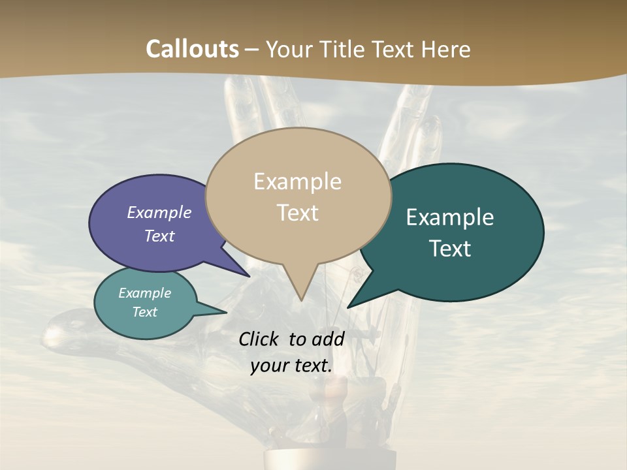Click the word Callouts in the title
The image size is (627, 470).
point(193,49)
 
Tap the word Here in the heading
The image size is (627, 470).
point(445,49)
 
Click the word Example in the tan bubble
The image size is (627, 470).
point(297,181)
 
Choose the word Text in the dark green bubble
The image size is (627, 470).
point(451,249)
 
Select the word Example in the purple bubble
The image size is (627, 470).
point(159,212)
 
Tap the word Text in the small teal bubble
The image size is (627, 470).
point(144,312)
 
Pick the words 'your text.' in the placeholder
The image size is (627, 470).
point(291,366)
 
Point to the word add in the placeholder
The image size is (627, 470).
point(329,339)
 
